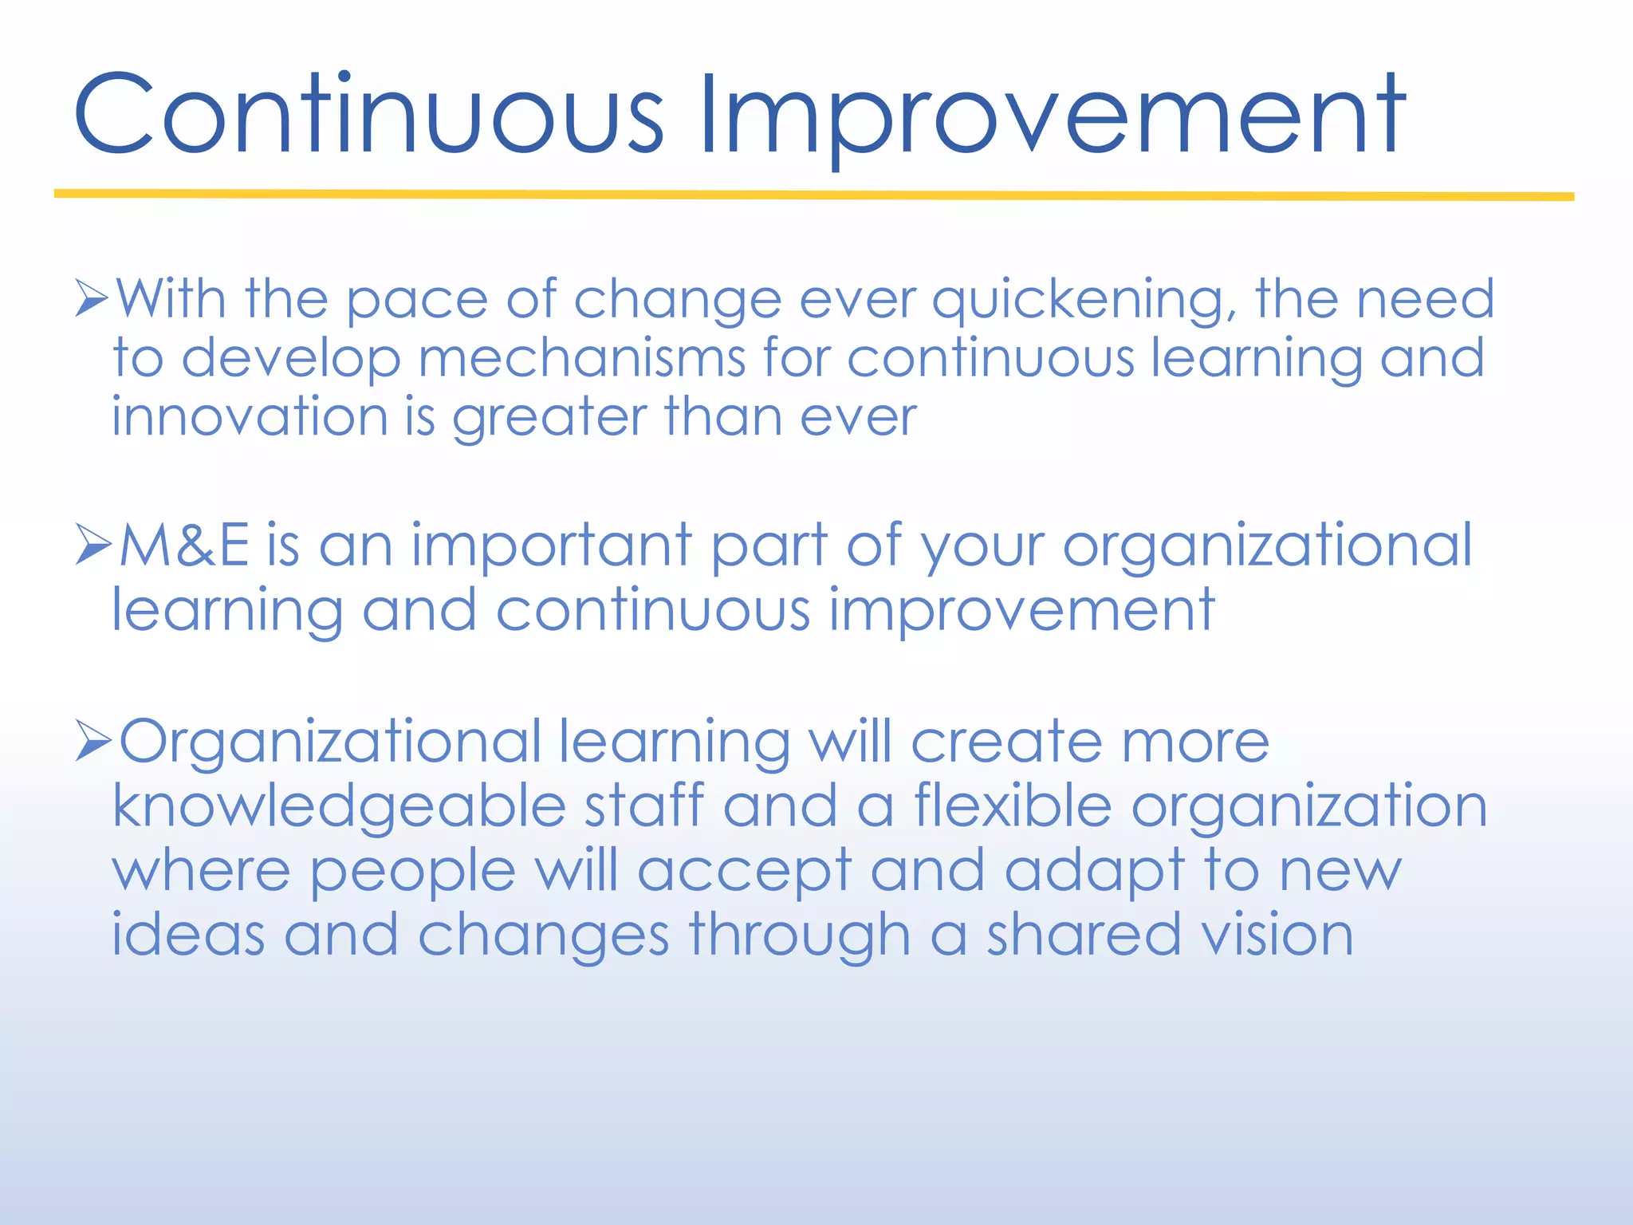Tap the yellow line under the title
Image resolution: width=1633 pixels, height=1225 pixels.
[x=813, y=195]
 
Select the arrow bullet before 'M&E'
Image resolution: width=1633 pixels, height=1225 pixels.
[x=92, y=545]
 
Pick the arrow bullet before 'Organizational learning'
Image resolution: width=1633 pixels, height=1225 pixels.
[x=92, y=740]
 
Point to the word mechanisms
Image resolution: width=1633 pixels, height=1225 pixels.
[x=582, y=359]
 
